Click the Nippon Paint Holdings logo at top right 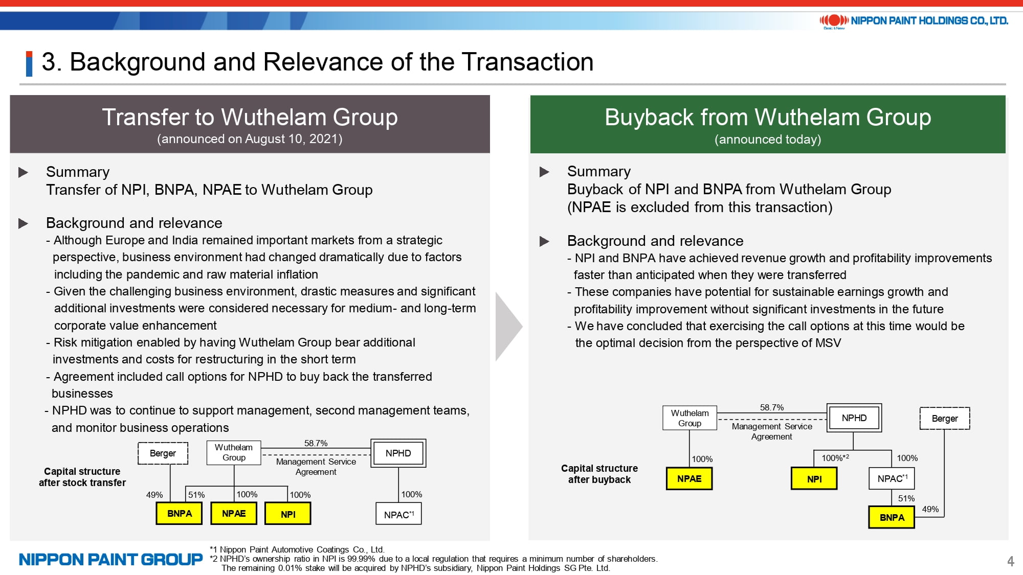click(914, 21)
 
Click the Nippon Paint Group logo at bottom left click(110, 560)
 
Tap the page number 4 click(1010, 561)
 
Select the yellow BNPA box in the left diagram click(180, 514)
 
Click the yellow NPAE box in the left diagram click(234, 514)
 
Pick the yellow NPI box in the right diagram click(814, 479)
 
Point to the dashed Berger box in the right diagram click(945, 419)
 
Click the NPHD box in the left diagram click(398, 453)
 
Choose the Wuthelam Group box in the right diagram click(690, 418)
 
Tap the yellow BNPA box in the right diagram click(892, 517)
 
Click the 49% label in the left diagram click(154, 495)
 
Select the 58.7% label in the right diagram click(772, 407)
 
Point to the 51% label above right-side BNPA click(906, 498)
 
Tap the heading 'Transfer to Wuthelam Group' click(250, 117)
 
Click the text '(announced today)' click(768, 140)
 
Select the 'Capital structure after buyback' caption click(599, 474)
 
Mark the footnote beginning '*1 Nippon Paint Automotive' click(297, 549)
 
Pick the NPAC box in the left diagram click(399, 514)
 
